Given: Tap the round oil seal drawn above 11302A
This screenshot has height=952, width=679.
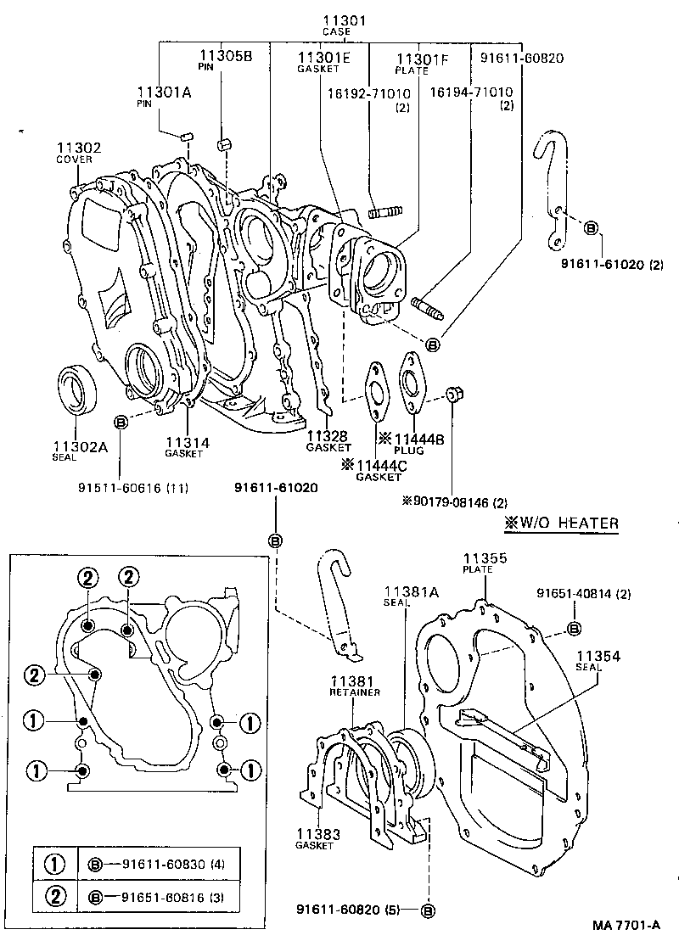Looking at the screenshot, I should (x=77, y=389).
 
